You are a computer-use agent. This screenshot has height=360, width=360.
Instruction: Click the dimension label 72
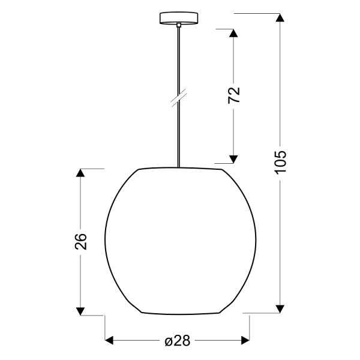234,95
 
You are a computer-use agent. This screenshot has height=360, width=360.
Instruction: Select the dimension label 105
281,163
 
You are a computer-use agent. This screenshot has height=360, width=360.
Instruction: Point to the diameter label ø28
177,341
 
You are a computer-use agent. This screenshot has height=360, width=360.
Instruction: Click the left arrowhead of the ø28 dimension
110,341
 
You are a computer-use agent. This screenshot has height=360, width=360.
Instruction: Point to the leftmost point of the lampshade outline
106,241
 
